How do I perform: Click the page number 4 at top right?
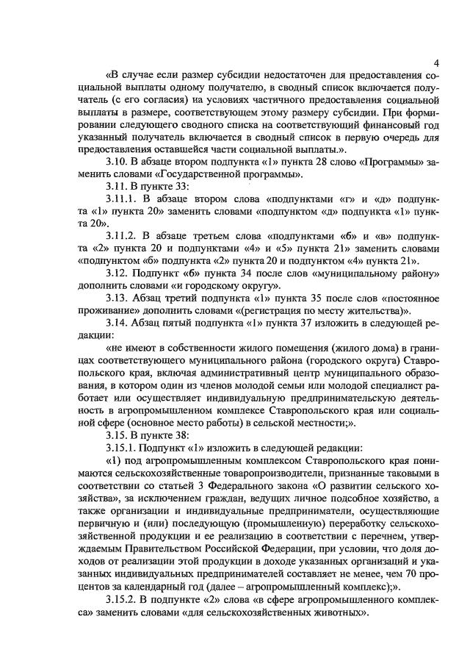pos(436,62)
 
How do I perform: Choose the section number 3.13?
pos(119,298)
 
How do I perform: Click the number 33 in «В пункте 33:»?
pos(178,187)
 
